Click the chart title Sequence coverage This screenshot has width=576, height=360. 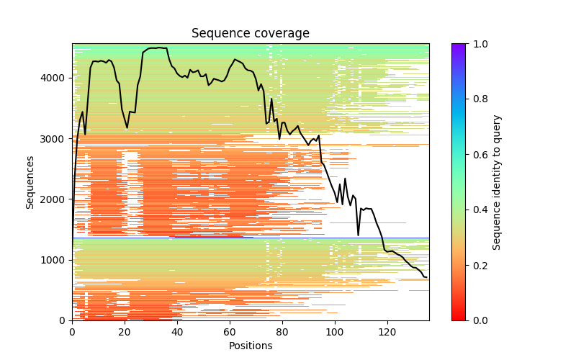251,34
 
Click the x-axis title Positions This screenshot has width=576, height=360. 251,346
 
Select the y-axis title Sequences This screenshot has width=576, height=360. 30,182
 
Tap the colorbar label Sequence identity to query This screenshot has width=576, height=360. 497,182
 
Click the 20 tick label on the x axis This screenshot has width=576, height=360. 125,331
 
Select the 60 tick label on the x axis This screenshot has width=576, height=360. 230,331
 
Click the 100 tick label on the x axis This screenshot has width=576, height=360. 335,331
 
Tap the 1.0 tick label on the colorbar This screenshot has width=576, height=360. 478,44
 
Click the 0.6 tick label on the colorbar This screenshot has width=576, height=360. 478,155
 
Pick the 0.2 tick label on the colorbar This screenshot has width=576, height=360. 478,265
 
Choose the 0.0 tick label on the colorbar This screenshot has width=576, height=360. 478,320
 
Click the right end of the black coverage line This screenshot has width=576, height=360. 427,277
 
